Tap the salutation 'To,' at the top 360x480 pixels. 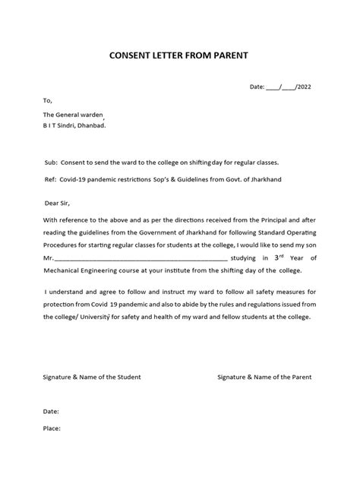48,99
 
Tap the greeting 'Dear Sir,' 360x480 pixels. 58,204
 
